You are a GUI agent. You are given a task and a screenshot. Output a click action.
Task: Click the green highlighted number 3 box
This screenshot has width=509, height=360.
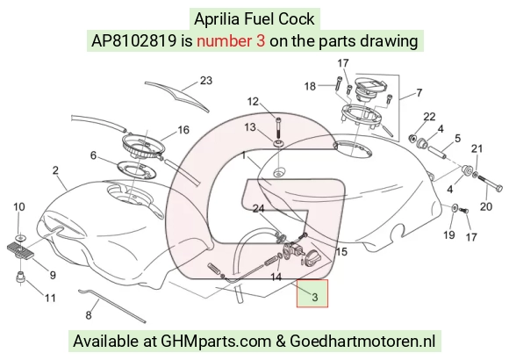pyautogui.click(x=312, y=293)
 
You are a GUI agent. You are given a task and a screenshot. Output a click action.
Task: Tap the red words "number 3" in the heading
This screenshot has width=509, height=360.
pyautogui.click(x=231, y=41)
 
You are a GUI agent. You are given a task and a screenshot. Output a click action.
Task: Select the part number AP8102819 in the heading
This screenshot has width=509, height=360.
pyautogui.click(x=133, y=41)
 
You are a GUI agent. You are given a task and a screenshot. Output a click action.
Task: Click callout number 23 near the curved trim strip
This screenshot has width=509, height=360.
pyautogui.click(x=206, y=80)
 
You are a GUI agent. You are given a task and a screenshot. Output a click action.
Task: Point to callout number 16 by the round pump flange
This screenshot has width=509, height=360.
pyautogui.click(x=183, y=130)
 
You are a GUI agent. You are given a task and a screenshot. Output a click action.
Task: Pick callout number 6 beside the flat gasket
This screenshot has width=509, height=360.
pyautogui.click(x=93, y=155)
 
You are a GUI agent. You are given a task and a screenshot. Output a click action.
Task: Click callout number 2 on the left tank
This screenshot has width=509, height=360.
pyautogui.click(x=55, y=170)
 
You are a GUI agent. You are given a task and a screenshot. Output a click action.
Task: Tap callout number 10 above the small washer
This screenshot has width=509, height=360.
pyautogui.click(x=19, y=206)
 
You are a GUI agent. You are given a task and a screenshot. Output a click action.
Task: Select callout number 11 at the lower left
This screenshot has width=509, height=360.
pyautogui.click(x=50, y=298)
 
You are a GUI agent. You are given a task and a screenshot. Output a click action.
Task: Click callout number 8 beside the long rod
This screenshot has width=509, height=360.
pyautogui.click(x=89, y=315)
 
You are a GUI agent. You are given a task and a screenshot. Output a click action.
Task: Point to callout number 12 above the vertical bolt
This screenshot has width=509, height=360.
pyautogui.click(x=253, y=102)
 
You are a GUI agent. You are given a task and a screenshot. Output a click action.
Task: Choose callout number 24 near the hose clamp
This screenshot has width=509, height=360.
pyautogui.click(x=258, y=209)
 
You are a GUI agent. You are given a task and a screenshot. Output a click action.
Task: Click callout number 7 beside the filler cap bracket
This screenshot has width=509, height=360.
pyautogui.click(x=419, y=93)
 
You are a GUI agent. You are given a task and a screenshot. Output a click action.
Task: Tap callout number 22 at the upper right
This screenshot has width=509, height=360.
pyautogui.click(x=429, y=116)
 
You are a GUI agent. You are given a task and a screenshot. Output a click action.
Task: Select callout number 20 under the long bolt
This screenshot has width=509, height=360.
pyautogui.click(x=486, y=206)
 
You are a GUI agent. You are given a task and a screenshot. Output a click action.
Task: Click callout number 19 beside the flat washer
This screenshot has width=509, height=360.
pyautogui.click(x=449, y=234)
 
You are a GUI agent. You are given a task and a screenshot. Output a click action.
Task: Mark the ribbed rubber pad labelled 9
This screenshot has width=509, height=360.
pyautogui.click(x=20, y=251)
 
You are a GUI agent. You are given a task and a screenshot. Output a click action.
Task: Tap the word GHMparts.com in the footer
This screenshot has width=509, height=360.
pyautogui.click(x=216, y=342)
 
